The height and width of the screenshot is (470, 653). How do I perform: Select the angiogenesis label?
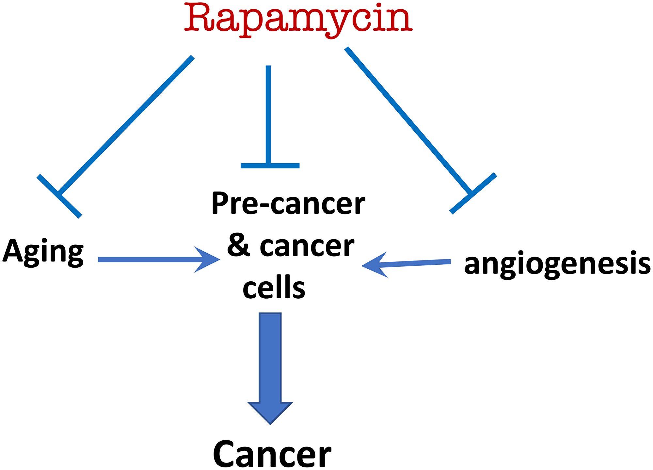557,264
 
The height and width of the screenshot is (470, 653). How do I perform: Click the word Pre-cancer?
288,203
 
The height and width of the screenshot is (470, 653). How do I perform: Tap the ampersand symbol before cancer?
238,245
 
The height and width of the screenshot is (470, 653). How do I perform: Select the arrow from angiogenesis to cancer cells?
415,263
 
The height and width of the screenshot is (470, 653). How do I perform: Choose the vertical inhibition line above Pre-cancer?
268,114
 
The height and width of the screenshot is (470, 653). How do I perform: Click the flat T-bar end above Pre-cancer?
270,165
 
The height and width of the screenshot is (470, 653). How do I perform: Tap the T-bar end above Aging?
59,196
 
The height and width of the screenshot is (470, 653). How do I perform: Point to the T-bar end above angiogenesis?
473,194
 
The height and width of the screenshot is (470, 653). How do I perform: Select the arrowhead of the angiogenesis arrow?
374,265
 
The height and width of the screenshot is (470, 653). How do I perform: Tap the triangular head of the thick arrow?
270,412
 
